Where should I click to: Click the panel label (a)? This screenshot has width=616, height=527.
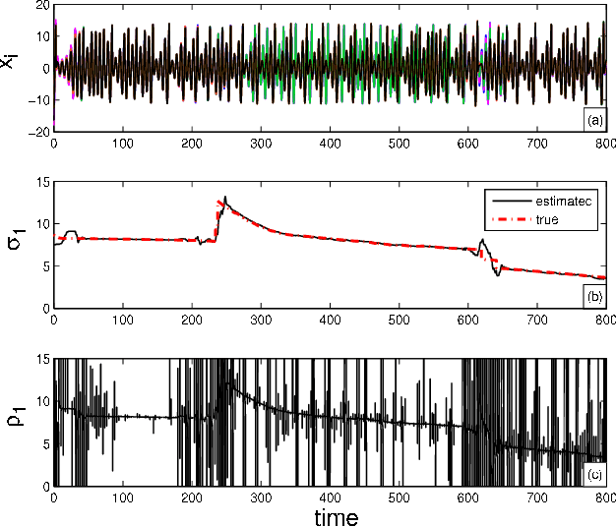click(x=593, y=120)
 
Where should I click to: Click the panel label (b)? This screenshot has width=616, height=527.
click(x=593, y=295)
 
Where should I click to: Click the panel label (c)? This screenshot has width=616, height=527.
click(x=593, y=474)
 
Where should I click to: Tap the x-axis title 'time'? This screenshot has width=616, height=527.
click(x=329, y=515)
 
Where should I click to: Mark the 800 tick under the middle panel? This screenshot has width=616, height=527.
click(x=604, y=320)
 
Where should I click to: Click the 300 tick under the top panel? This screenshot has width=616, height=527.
click(x=261, y=144)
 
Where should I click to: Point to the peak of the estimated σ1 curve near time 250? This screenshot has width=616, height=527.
click(x=225, y=197)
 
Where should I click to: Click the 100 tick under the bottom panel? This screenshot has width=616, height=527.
click(x=123, y=498)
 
